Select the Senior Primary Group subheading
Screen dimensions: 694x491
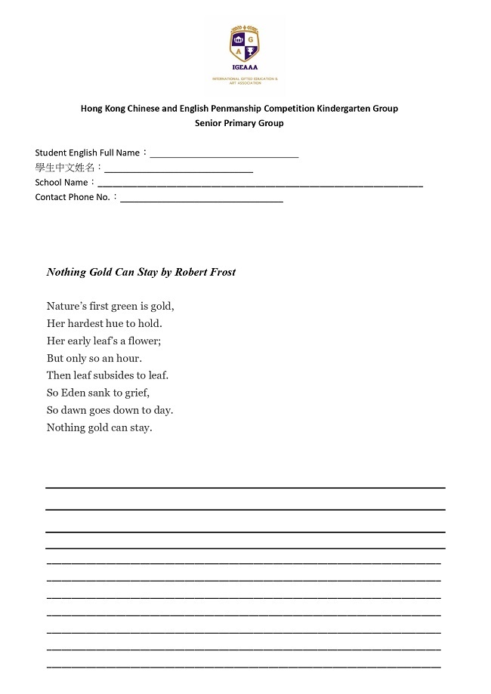[x=239, y=123]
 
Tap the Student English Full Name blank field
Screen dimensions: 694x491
[x=224, y=153]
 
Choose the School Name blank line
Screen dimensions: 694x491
[x=260, y=183]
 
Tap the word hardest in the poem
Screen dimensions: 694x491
[x=90, y=323]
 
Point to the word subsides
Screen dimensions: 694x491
[x=115, y=375]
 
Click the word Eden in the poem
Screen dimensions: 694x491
[x=76, y=393]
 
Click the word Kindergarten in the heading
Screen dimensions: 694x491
[x=325, y=108]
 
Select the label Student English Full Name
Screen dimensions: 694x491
[x=87, y=153]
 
